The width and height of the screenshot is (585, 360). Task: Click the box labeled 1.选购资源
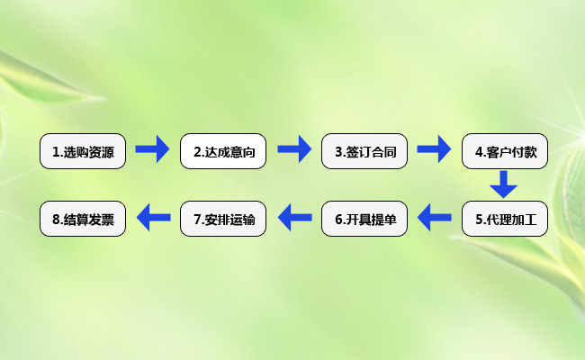pyautogui.click(x=83, y=151)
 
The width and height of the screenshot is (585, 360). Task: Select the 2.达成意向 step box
pyautogui.click(x=223, y=151)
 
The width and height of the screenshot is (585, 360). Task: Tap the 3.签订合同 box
pyautogui.click(x=364, y=151)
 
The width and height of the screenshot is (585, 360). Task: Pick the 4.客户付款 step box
pyautogui.click(x=505, y=151)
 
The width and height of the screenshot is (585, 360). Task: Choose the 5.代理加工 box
pyautogui.click(x=505, y=219)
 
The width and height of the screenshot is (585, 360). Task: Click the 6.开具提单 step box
pyautogui.click(x=364, y=219)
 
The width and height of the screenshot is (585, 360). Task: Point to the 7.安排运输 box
pyautogui.click(x=223, y=219)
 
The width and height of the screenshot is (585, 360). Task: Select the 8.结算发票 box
pyautogui.click(x=83, y=219)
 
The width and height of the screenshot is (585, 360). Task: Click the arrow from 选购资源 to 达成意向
pyautogui.click(x=152, y=149)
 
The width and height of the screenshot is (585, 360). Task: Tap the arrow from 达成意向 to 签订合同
pyautogui.click(x=294, y=149)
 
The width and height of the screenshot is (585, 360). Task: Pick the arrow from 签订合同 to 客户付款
pyautogui.click(x=434, y=149)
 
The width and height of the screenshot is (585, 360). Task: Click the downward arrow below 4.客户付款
pyautogui.click(x=504, y=184)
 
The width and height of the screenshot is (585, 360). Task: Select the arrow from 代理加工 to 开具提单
pyautogui.click(x=435, y=217)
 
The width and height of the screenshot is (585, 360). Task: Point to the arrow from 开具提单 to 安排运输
pyautogui.click(x=295, y=217)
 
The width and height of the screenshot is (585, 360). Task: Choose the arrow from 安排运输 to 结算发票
pyautogui.click(x=154, y=217)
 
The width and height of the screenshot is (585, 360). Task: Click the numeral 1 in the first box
pyautogui.click(x=56, y=152)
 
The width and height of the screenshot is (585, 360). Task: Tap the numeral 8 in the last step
pyautogui.click(x=57, y=220)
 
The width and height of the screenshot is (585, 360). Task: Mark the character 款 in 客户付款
pyautogui.click(x=530, y=152)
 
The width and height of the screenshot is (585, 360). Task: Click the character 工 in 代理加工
pyautogui.click(x=530, y=220)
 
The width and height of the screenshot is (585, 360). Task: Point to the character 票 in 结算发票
pyautogui.click(x=107, y=220)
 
